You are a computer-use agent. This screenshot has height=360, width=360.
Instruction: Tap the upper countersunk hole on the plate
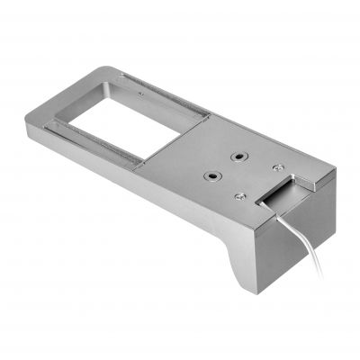click(x=239, y=157)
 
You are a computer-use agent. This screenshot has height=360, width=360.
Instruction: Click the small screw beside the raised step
click(x=277, y=169)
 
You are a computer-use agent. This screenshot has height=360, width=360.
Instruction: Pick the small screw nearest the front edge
click(x=238, y=196)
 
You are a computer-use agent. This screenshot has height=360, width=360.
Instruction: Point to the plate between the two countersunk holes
click(x=226, y=166)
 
